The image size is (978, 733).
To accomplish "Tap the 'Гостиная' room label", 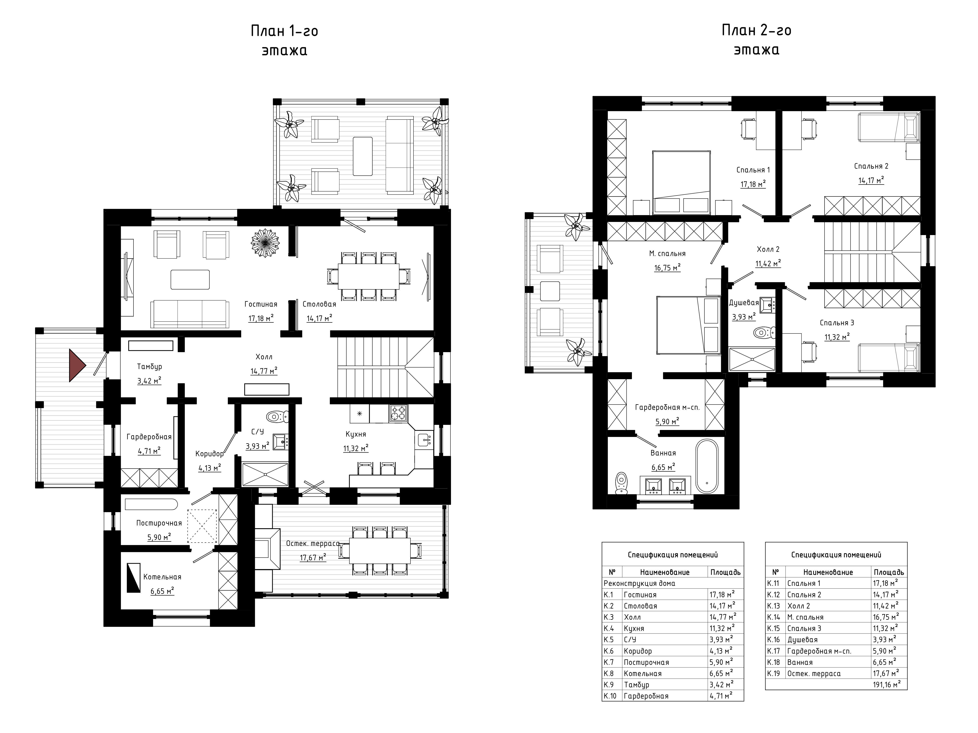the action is pyautogui.click(x=261, y=304).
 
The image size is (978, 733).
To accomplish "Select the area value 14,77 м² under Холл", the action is pyautogui.click(x=264, y=371).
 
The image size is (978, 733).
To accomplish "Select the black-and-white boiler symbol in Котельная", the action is pyautogui.click(x=134, y=577).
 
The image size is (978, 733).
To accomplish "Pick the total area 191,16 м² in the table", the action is pyautogui.click(x=886, y=684).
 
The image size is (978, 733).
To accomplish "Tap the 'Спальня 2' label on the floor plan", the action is pyautogui.click(x=871, y=166).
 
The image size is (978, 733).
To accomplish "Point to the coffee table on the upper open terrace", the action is pyautogui.click(x=363, y=156).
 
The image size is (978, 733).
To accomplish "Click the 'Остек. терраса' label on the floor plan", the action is pyautogui.click(x=313, y=543).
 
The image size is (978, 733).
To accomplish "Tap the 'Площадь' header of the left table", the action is pyautogui.click(x=725, y=572).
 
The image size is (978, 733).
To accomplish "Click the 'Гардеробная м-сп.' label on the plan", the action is pyautogui.click(x=667, y=407).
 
